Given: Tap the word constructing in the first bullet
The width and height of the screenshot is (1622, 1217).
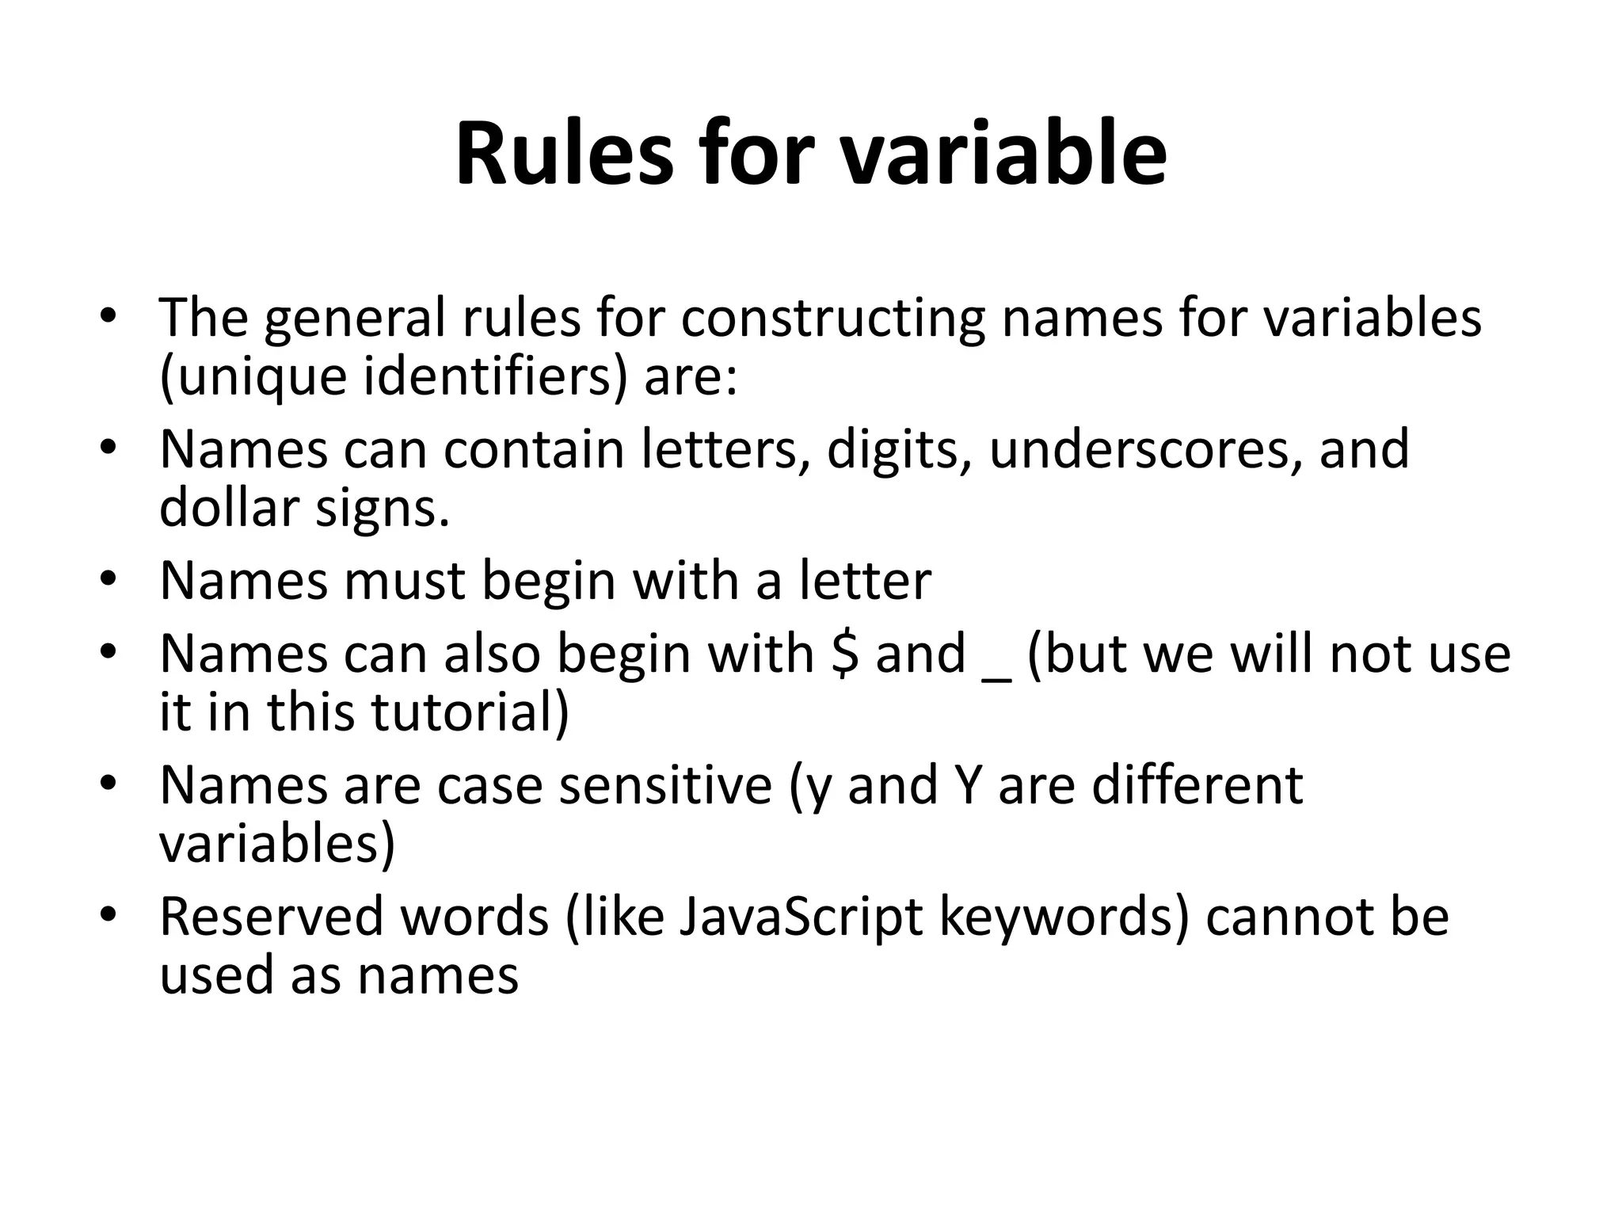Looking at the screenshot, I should (832, 318).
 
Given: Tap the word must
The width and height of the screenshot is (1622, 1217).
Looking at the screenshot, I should (404, 581).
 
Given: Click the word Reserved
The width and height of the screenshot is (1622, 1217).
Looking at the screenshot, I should (269, 917).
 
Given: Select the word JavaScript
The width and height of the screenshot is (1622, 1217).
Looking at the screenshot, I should (801, 917).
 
